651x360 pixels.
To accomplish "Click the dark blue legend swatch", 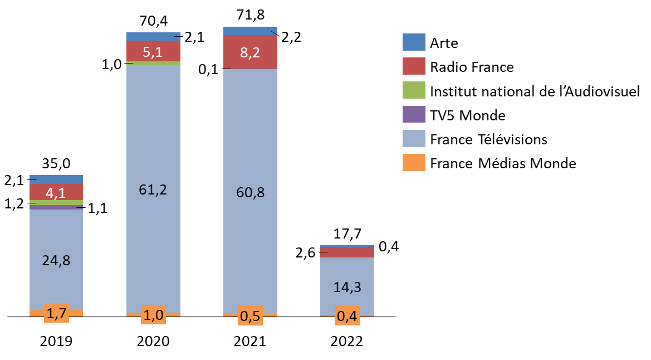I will (x=414, y=42).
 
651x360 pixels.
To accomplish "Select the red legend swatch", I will (x=414, y=66).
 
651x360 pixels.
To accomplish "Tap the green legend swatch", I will (x=414, y=90).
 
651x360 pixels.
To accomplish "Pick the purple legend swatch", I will (x=414, y=114).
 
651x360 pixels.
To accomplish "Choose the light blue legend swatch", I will (x=414, y=138).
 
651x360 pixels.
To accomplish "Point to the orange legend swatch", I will (x=414, y=162).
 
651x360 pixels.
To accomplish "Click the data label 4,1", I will (x=56, y=193).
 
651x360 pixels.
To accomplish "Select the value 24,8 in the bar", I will (x=56, y=260).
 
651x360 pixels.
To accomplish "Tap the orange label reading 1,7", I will (x=56, y=314).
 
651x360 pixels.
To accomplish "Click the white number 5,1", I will (x=153, y=52).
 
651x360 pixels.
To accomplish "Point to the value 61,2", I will (x=153, y=190).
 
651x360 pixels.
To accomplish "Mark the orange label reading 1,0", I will (x=153, y=315).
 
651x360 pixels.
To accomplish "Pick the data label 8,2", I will (x=250, y=53).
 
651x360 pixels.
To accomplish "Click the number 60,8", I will (x=250, y=193).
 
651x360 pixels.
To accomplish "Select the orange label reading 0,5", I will (x=250, y=316).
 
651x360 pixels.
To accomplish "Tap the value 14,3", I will (x=347, y=287).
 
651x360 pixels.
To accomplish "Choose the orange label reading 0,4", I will (x=347, y=316).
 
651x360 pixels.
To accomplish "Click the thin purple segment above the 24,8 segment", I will (x=56, y=207).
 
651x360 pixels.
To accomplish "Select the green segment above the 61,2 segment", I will (x=153, y=64).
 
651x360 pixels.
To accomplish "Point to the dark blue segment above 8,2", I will (x=250, y=31).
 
